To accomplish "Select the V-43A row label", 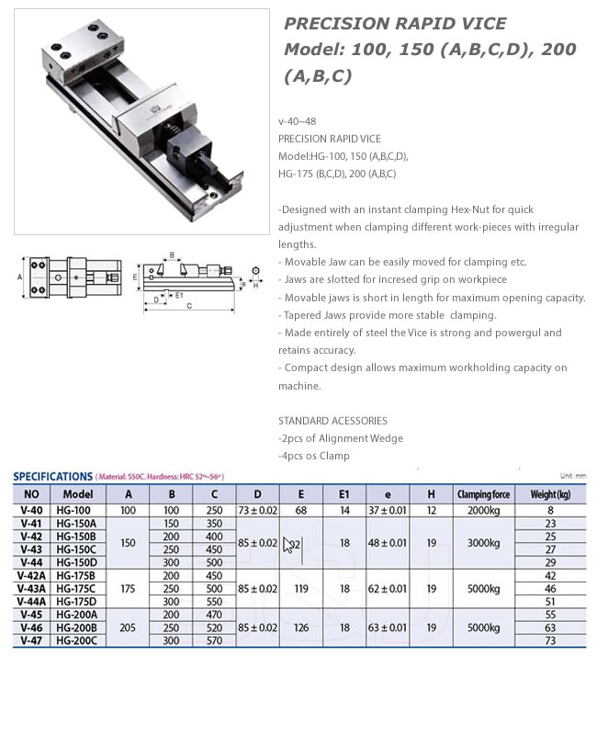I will coord(32,588).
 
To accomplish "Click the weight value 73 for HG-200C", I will coord(550,640).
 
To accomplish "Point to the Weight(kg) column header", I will coord(550,493).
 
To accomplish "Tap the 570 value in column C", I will coord(215,640).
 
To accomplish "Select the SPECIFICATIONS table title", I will coord(52,477).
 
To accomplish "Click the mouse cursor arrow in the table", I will coord(288,545).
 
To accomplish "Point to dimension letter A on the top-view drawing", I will coord(19,276).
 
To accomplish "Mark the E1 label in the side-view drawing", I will coord(179,295).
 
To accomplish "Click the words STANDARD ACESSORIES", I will coord(332,421).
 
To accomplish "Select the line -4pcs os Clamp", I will coord(313,456).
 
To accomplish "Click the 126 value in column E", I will coord(301,628).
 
